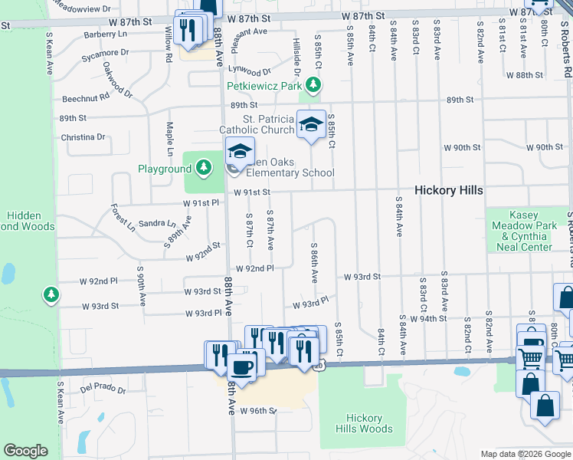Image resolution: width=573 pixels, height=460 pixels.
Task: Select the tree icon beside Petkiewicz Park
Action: tap(313, 85)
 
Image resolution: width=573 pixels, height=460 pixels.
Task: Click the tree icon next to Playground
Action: tap(203, 167)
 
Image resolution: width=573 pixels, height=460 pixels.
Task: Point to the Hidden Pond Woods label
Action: tap(31, 221)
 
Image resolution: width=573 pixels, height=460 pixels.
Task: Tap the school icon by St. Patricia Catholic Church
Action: tap(311, 124)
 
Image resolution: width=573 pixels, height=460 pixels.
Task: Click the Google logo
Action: tap(25, 451)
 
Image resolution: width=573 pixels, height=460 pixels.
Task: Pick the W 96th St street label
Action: tap(257, 411)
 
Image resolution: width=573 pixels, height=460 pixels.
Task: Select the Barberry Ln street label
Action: tap(106, 34)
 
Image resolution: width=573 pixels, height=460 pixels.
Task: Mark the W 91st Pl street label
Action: tap(201, 203)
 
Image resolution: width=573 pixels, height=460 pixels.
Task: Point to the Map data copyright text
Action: tap(525, 454)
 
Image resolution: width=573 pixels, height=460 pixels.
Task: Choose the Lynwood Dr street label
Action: tap(249, 71)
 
